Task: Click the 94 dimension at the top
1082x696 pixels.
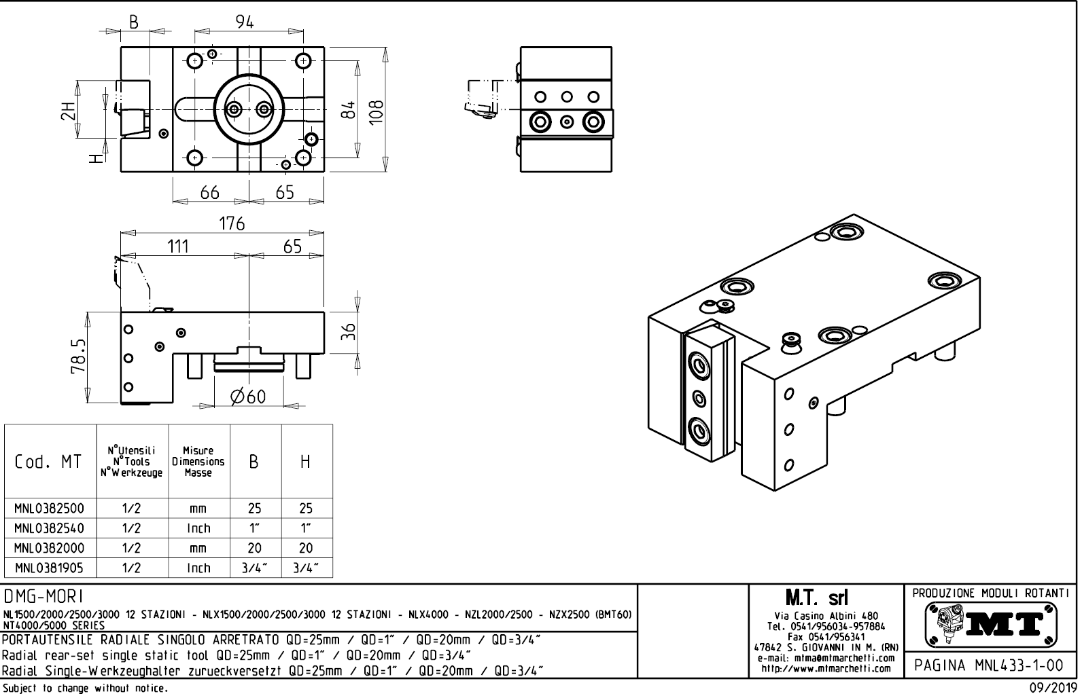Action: (245, 22)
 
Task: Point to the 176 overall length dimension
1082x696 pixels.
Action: (232, 224)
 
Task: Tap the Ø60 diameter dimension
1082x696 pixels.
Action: (247, 397)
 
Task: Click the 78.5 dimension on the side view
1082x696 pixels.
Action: (79, 356)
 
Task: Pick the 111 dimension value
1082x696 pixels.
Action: (178, 246)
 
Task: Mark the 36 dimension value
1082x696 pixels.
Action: (348, 332)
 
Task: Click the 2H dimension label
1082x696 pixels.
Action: (67, 111)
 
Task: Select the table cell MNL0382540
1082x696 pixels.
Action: (50, 528)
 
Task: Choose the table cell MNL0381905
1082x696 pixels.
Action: (50, 568)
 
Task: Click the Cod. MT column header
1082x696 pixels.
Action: (48, 462)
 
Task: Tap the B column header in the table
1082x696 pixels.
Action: (254, 462)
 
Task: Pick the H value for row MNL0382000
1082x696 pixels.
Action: (306, 548)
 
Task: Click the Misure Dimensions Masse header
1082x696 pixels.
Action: (198, 462)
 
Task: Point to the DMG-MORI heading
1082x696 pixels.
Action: (43, 596)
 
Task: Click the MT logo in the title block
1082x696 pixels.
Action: (991, 623)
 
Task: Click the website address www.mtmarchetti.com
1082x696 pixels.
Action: (826, 668)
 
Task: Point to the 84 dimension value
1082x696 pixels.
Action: (347, 109)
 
